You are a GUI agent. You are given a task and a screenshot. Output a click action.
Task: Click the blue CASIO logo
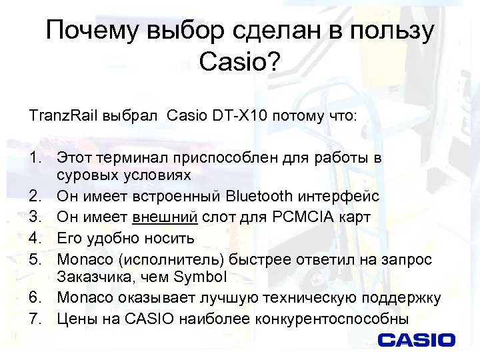417,340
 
